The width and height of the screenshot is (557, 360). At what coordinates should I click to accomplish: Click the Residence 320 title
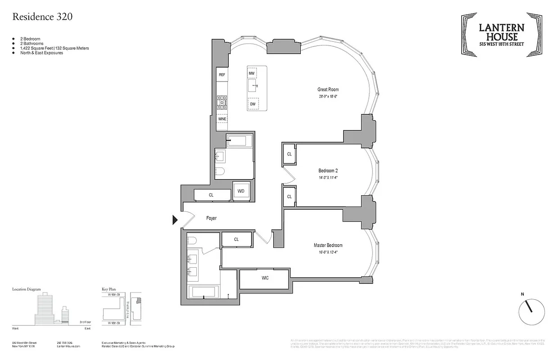coord(42,17)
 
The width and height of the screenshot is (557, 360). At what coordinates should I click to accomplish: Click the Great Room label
coord(328,90)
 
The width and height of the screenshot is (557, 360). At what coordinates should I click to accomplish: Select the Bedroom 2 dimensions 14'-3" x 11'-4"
coord(328,177)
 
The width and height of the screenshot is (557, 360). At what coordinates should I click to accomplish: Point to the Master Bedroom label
coord(328,245)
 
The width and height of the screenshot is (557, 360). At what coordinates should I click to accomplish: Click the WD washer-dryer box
coord(241,191)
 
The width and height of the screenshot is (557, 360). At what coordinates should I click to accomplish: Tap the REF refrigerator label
coord(222,75)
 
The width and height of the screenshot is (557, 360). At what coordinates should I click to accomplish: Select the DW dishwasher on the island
coord(253,104)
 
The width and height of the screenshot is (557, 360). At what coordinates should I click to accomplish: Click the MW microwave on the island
coord(252,73)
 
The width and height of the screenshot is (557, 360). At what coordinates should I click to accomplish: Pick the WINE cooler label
coord(222,119)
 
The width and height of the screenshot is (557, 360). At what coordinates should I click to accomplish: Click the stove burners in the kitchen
coord(222,102)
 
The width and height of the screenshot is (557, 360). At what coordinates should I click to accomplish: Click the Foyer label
coord(211,218)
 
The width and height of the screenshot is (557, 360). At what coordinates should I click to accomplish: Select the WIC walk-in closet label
coord(265,278)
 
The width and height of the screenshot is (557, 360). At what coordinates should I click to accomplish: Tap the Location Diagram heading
coord(27,289)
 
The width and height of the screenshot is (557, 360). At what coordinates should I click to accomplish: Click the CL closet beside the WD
coord(211,195)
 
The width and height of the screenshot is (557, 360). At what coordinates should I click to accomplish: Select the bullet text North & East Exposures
coord(41,53)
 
